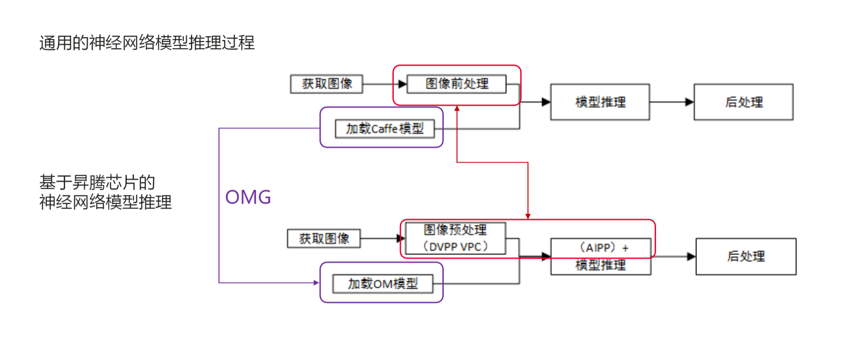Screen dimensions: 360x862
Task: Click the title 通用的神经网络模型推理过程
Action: click(147, 43)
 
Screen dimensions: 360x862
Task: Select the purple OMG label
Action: click(248, 197)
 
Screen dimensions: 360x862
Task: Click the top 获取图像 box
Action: click(326, 84)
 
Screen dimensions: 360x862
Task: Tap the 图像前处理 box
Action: click(456, 84)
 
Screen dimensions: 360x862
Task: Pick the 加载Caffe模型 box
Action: click(385, 129)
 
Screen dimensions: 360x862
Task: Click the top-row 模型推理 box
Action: click(600, 102)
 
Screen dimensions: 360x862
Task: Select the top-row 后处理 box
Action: click(743, 102)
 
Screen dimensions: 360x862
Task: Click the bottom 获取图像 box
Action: click(323, 238)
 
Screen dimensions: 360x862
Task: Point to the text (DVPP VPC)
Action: click(455, 247)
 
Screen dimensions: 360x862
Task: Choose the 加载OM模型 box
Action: click(383, 283)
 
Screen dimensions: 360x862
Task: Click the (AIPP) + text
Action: click(604, 248)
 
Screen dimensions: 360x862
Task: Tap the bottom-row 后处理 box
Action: click(746, 257)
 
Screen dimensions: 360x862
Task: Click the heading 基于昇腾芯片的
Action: click(97, 183)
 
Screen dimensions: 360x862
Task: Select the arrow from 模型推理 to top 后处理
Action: click(671, 102)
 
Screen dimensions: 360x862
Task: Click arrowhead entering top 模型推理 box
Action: click(546, 102)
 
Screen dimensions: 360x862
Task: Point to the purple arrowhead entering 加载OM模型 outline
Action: click(316, 283)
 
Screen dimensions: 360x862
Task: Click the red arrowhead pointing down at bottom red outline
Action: click(528, 216)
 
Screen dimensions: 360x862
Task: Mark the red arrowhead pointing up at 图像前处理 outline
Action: click(457, 109)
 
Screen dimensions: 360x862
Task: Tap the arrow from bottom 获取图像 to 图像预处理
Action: click(380, 238)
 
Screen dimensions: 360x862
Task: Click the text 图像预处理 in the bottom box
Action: click(455, 230)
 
